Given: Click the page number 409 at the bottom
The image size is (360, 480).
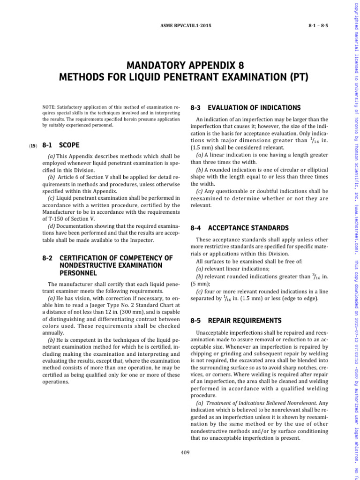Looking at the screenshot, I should click(185, 453).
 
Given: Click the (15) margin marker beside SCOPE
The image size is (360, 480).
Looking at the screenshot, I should click(33, 146).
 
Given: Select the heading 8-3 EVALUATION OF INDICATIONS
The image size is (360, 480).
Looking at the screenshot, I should click(246, 108).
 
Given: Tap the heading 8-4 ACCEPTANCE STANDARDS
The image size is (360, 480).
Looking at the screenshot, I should click(240, 228).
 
